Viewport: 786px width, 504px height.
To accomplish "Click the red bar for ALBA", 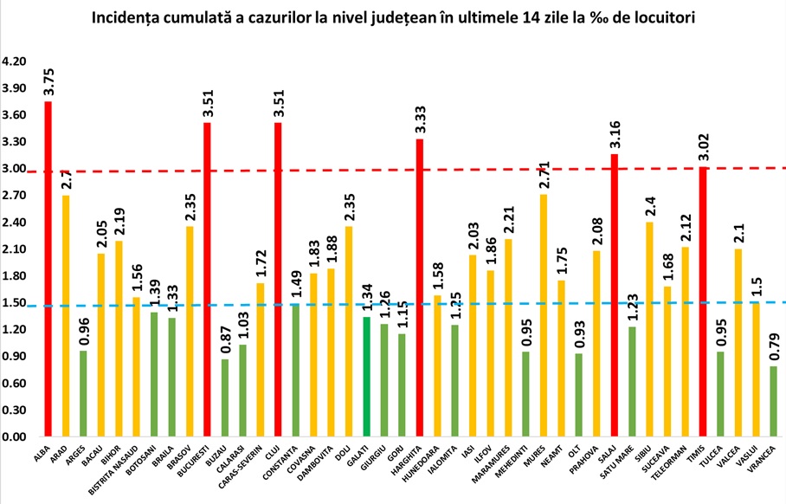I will [x=48, y=268].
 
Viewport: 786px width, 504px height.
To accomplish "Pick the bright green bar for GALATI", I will [x=366, y=377].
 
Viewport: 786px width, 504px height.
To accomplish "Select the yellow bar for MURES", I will [x=544, y=315].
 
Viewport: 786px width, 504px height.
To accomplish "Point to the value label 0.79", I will [x=774, y=348].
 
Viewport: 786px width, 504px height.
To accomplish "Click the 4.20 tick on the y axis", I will [x=16, y=61].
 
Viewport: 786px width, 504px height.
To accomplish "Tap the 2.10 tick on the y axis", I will [x=16, y=249].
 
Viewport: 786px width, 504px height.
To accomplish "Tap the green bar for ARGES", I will [x=83, y=393].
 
